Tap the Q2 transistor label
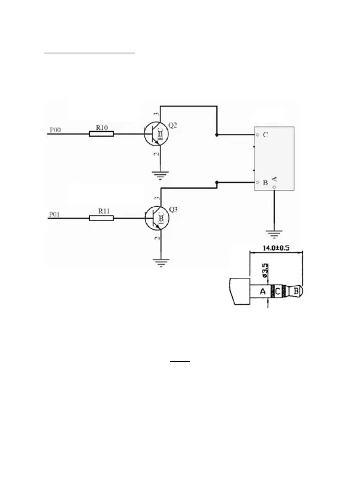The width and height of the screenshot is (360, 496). (x=174, y=125)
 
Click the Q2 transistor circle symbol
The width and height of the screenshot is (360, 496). (x=156, y=135)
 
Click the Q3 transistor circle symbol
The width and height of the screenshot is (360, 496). (x=156, y=219)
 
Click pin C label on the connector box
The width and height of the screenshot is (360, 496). (x=265, y=135)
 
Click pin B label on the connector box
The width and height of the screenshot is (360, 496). (x=265, y=182)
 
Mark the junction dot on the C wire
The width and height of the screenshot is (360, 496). (x=217, y=135)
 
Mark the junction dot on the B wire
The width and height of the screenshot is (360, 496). (x=217, y=182)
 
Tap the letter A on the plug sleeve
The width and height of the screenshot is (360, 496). (x=262, y=292)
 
